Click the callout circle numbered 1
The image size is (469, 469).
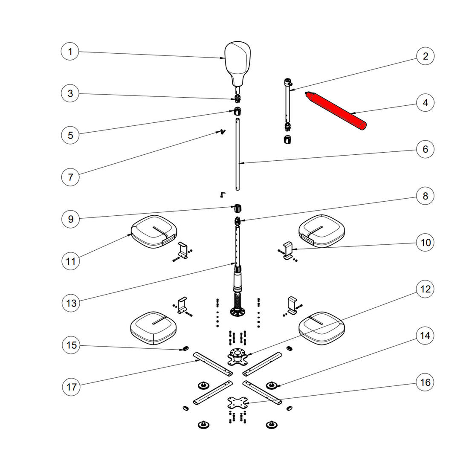point(70,52)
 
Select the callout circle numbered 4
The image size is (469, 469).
point(425,103)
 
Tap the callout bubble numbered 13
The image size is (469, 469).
point(71,303)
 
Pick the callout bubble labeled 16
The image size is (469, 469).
point(425,382)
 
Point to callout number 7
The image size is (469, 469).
point(70,177)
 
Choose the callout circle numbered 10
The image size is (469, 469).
point(426,242)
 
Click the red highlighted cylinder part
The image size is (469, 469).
point(335,111)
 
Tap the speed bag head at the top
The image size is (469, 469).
point(237,64)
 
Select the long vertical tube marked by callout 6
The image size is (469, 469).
point(237,154)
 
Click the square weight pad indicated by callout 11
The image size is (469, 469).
point(154,232)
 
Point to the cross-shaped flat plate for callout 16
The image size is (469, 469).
point(237,402)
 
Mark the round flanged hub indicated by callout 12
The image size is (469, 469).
point(238,356)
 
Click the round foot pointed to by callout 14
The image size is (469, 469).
point(272,385)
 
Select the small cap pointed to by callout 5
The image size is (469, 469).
point(237,111)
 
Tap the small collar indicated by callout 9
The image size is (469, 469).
point(237,208)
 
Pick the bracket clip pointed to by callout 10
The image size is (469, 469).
point(288,250)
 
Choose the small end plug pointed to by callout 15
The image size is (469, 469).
point(185,348)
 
